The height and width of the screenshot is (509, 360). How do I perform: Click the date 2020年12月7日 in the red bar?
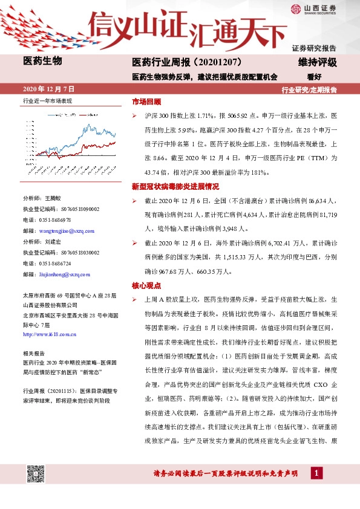[48, 89]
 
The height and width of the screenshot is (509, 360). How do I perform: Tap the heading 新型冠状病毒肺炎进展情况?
[175, 186]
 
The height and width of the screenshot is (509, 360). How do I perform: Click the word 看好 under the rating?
[313, 77]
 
